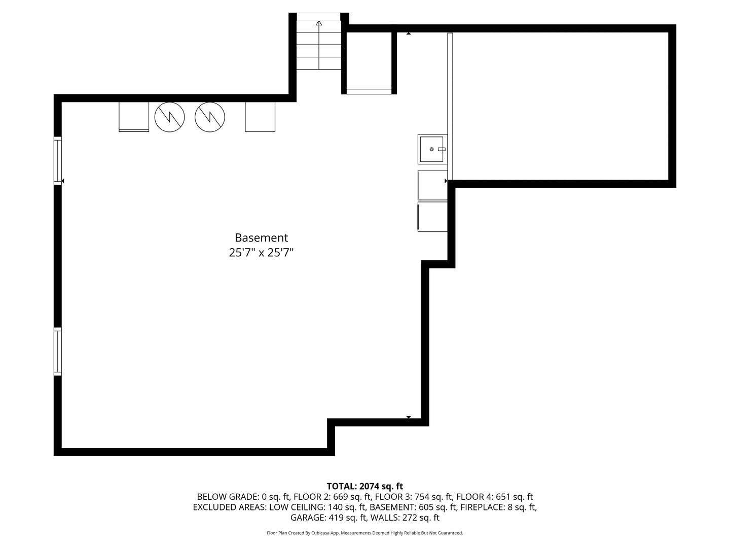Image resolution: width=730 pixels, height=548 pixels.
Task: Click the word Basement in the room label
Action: (261, 237)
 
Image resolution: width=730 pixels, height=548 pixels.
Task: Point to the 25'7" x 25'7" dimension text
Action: (261, 253)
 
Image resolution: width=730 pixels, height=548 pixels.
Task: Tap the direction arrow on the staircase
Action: (319, 23)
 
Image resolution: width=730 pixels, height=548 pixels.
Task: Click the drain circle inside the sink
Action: (432, 149)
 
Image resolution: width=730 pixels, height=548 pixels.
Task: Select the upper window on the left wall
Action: (58, 160)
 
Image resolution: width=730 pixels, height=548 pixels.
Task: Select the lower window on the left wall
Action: (58, 352)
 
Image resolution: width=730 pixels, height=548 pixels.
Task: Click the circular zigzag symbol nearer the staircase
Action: (210, 117)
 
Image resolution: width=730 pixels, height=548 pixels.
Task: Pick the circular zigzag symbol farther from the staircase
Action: (169, 117)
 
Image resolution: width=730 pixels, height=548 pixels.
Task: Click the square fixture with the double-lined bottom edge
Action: (134, 117)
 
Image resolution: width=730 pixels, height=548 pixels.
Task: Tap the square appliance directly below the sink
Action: (432, 185)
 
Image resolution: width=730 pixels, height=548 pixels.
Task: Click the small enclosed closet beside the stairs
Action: (369, 61)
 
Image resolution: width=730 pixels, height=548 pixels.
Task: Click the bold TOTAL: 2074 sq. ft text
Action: (364, 486)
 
